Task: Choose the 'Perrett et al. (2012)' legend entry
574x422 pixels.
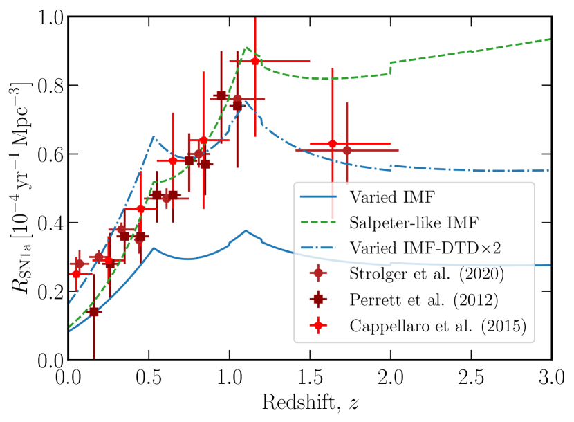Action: (432, 301)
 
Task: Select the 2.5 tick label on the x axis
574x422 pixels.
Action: (471, 378)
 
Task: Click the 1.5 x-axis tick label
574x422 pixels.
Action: (310, 378)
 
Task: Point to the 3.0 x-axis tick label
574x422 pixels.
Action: (551, 378)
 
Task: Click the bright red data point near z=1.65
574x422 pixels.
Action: (333, 144)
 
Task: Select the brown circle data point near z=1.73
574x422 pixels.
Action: (347, 150)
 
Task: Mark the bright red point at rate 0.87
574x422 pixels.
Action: (255, 62)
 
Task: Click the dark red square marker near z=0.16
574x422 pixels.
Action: (94, 312)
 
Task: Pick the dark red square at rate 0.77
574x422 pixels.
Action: (221, 96)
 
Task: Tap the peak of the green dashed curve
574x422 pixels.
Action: (247, 48)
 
